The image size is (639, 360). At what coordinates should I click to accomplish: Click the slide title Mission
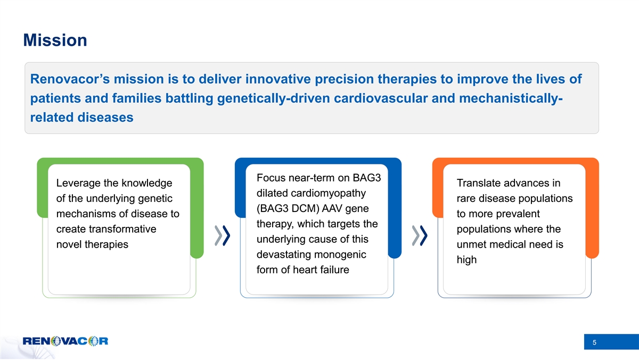(x=55, y=40)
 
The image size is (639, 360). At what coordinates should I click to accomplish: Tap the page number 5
(x=594, y=342)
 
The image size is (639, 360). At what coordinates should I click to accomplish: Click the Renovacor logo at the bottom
(x=65, y=341)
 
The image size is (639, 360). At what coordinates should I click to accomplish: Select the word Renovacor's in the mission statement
(x=70, y=79)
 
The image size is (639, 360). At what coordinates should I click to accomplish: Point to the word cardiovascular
(x=381, y=98)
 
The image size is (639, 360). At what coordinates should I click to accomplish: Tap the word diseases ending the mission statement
(x=105, y=117)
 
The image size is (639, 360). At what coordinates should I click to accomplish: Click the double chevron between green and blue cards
(x=223, y=235)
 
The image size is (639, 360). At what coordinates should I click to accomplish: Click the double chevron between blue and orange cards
(x=420, y=235)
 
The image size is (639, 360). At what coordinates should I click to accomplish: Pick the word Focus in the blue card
(x=271, y=178)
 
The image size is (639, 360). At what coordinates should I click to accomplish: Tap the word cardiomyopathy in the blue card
(x=328, y=193)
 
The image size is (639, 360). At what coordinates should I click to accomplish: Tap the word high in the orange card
(x=466, y=260)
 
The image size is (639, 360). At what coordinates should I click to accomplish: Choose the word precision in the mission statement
(x=345, y=79)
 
